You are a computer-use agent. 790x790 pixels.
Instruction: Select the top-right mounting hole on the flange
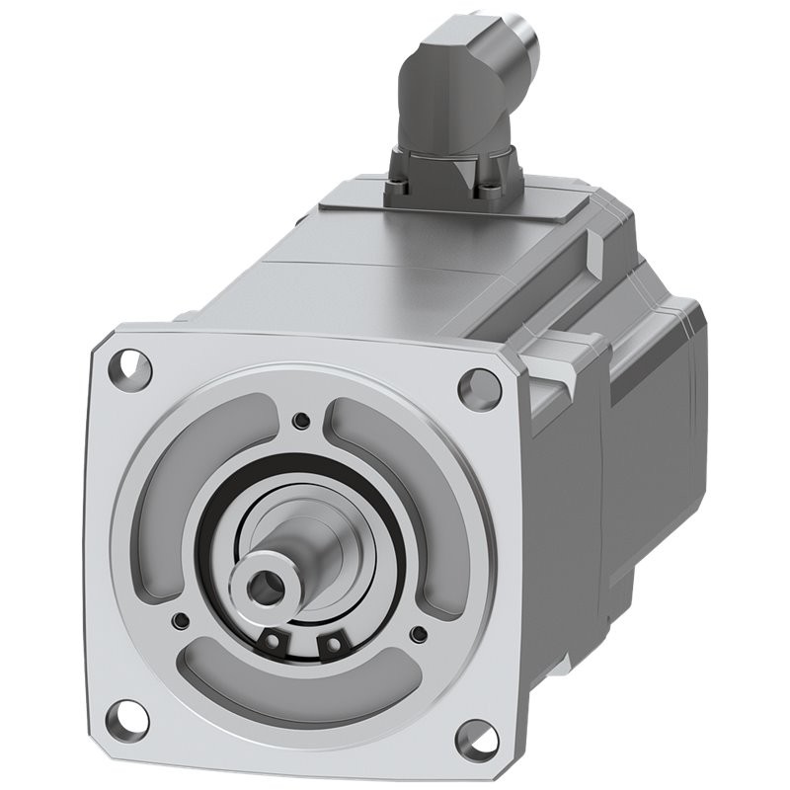point(480,386)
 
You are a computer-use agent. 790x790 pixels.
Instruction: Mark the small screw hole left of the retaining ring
point(181,621)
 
